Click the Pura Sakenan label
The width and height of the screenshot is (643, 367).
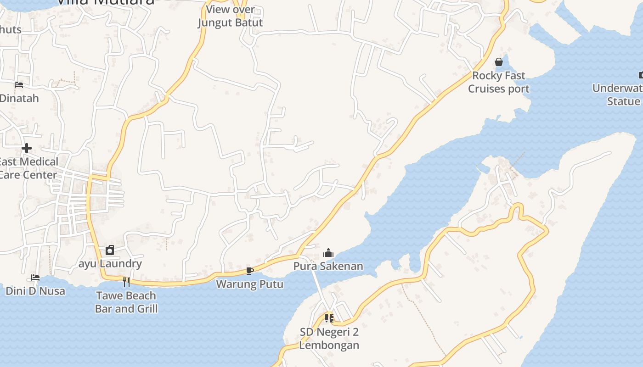click(328, 266)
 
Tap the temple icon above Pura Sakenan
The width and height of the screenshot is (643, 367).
click(328, 253)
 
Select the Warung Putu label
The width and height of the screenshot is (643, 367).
click(249, 284)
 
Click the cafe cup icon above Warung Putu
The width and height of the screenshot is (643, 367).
click(249, 271)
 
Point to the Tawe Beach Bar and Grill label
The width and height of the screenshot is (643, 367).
click(126, 302)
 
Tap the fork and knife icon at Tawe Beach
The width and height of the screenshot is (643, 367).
click(126, 282)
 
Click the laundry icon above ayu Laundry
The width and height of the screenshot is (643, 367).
click(110, 250)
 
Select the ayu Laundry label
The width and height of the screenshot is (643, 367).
click(110, 264)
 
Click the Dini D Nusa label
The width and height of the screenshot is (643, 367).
click(35, 291)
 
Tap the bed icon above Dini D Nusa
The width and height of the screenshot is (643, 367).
click(35, 277)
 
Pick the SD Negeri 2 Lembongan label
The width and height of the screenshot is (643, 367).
click(329, 339)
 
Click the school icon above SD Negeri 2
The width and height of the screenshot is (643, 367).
click(329, 318)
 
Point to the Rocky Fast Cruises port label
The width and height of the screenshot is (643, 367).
click(499, 82)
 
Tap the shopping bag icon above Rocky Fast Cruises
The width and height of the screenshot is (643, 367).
click(499, 62)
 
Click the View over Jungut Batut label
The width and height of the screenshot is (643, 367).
click(230, 16)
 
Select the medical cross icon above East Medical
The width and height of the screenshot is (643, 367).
click(27, 148)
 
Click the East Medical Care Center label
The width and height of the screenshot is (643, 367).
click(28, 168)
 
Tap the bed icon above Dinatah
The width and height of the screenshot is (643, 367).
click(19, 84)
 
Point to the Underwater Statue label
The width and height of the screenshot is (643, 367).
click(618, 95)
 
